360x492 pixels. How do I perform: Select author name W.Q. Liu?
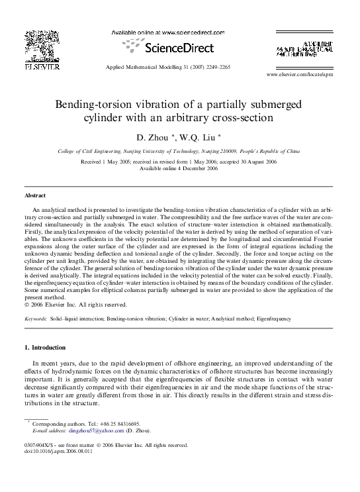tap(201, 137)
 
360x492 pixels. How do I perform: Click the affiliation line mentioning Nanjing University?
tap(179, 151)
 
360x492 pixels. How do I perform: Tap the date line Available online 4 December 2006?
tap(179, 168)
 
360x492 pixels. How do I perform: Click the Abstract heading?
tap(35, 196)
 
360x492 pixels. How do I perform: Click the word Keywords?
tap(35, 319)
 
